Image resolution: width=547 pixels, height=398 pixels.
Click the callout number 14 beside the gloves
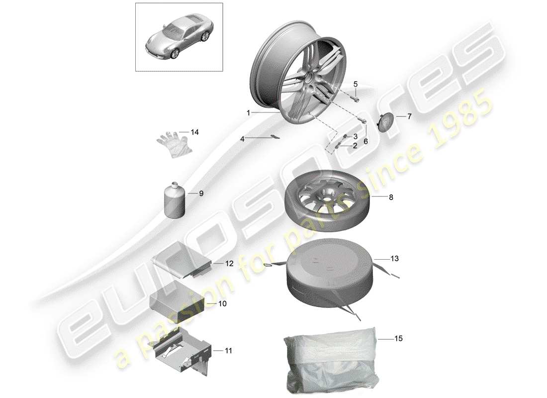[x=194, y=132]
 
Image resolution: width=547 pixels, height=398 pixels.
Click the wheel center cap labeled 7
[x=385, y=122]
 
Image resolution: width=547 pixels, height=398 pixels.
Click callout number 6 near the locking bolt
[x=365, y=141]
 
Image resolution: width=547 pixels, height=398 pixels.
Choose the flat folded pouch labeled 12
[x=182, y=262]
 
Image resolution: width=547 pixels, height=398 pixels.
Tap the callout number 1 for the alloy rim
[x=248, y=113]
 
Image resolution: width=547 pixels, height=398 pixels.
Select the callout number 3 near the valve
[x=356, y=137]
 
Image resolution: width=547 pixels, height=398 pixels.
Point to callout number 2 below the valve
[x=355, y=146]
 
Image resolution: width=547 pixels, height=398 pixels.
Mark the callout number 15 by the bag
[x=398, y=339]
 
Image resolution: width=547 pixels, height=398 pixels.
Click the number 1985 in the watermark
[x=460, y=119]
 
